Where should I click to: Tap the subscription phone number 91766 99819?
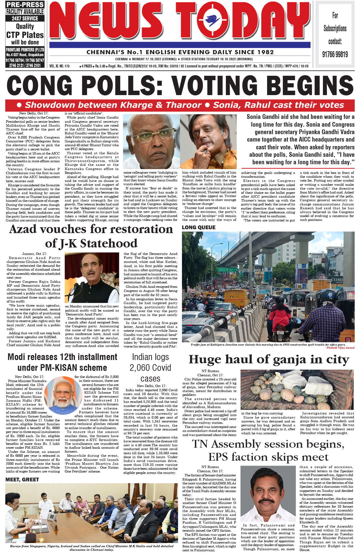click(x=335, y=54)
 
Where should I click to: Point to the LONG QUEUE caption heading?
click(x=199, y=228)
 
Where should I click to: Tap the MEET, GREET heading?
click(x=22, y=480)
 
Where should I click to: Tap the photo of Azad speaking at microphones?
click(x=92, y=278)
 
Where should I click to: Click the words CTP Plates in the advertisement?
click(x=25, y=35)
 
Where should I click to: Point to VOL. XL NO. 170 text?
click(x=59, y=66)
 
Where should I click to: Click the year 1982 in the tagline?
click(x=265, y=52)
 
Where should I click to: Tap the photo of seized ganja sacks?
click(x=297, y=390)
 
